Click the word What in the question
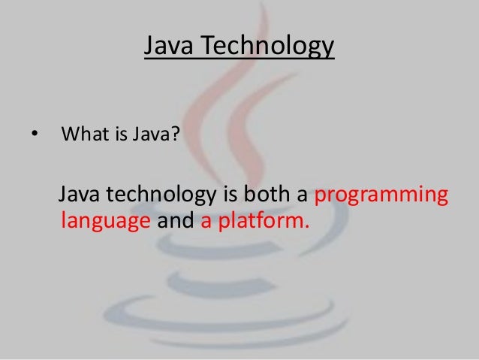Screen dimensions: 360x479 (x=82, y=136)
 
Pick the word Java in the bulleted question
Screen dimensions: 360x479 (x=146, y=136)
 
